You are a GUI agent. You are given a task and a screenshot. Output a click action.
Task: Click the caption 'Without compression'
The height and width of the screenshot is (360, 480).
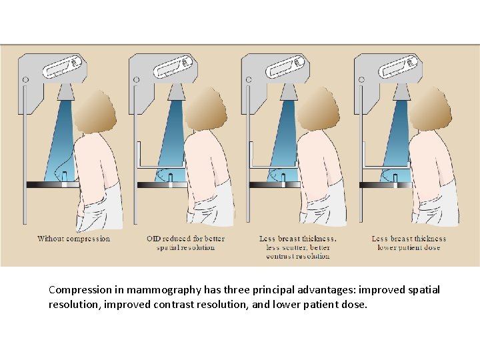pyautogui.click(x=74, y=239)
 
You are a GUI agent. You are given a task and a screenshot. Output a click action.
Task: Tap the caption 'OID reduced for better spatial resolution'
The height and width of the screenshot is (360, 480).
pyautogui.click(x=185, y=243)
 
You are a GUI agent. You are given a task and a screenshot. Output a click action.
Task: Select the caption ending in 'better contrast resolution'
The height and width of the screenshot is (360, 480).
pyautogui.click(x=297, y=247)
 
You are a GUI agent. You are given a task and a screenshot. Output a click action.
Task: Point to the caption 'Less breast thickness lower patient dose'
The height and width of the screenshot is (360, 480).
pyautogui.click(x=409, y=243)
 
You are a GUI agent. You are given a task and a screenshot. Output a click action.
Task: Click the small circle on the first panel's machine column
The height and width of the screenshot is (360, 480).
pyautogui.click(x=25, y=80)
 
